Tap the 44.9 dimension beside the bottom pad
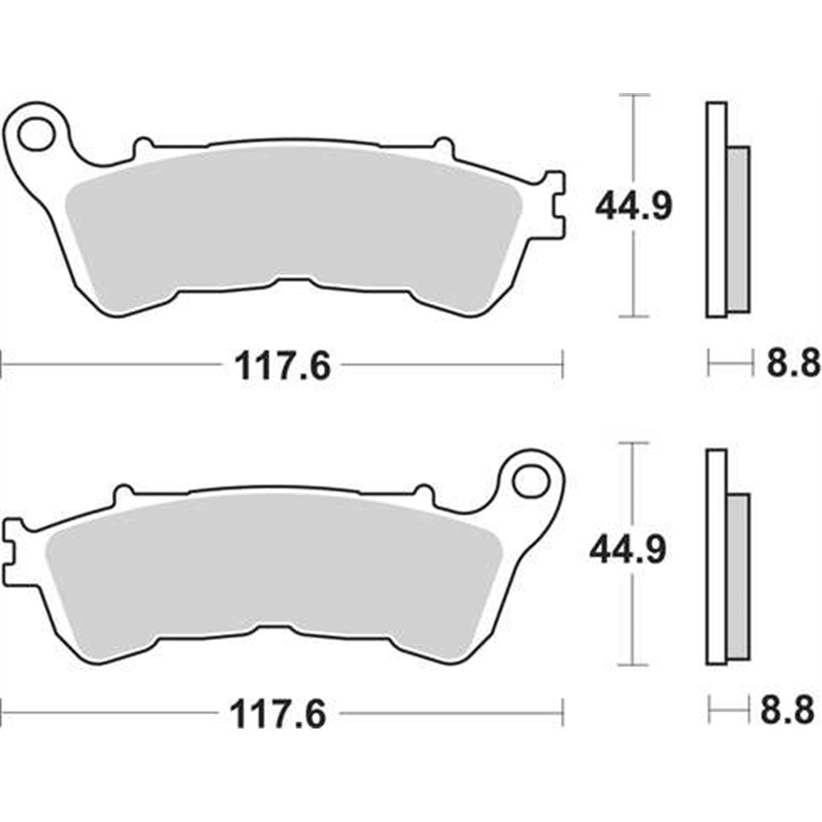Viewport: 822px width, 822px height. click(x=627, y=550)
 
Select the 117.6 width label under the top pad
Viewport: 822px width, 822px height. click(x=282, y=366)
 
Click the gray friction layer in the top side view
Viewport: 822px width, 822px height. click(x=739, y=230)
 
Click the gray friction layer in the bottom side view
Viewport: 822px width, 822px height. click(x=739, y=576)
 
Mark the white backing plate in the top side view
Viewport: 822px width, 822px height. click(x=717, y=210)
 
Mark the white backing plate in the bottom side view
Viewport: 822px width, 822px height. click(x=717, y=557)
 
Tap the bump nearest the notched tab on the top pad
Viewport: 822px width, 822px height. click(x=444, y=145)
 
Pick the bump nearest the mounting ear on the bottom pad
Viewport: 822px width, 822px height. click(x=424, y=492)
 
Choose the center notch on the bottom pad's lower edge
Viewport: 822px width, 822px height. click(x=275, y=628)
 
